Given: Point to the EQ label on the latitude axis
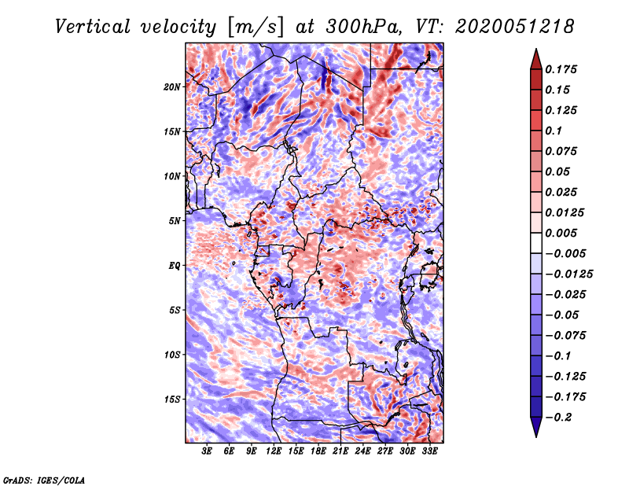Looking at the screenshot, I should (x=175, y=266).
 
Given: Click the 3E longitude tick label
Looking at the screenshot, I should (x=208, y=452).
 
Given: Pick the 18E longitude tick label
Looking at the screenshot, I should (x=318, y=452).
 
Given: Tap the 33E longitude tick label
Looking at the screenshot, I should (x=429, y=452).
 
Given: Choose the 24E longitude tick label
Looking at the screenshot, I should (x=362, y=452).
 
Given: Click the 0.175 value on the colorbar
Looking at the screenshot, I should (x=563, y=69).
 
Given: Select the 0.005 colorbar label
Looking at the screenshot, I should (x=563, y=233).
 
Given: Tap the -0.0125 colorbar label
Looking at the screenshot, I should (x=571, y=274).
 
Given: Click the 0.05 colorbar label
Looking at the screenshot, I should (x=559, y=171).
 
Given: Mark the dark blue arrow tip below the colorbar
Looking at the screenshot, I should (x=535, y=433).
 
